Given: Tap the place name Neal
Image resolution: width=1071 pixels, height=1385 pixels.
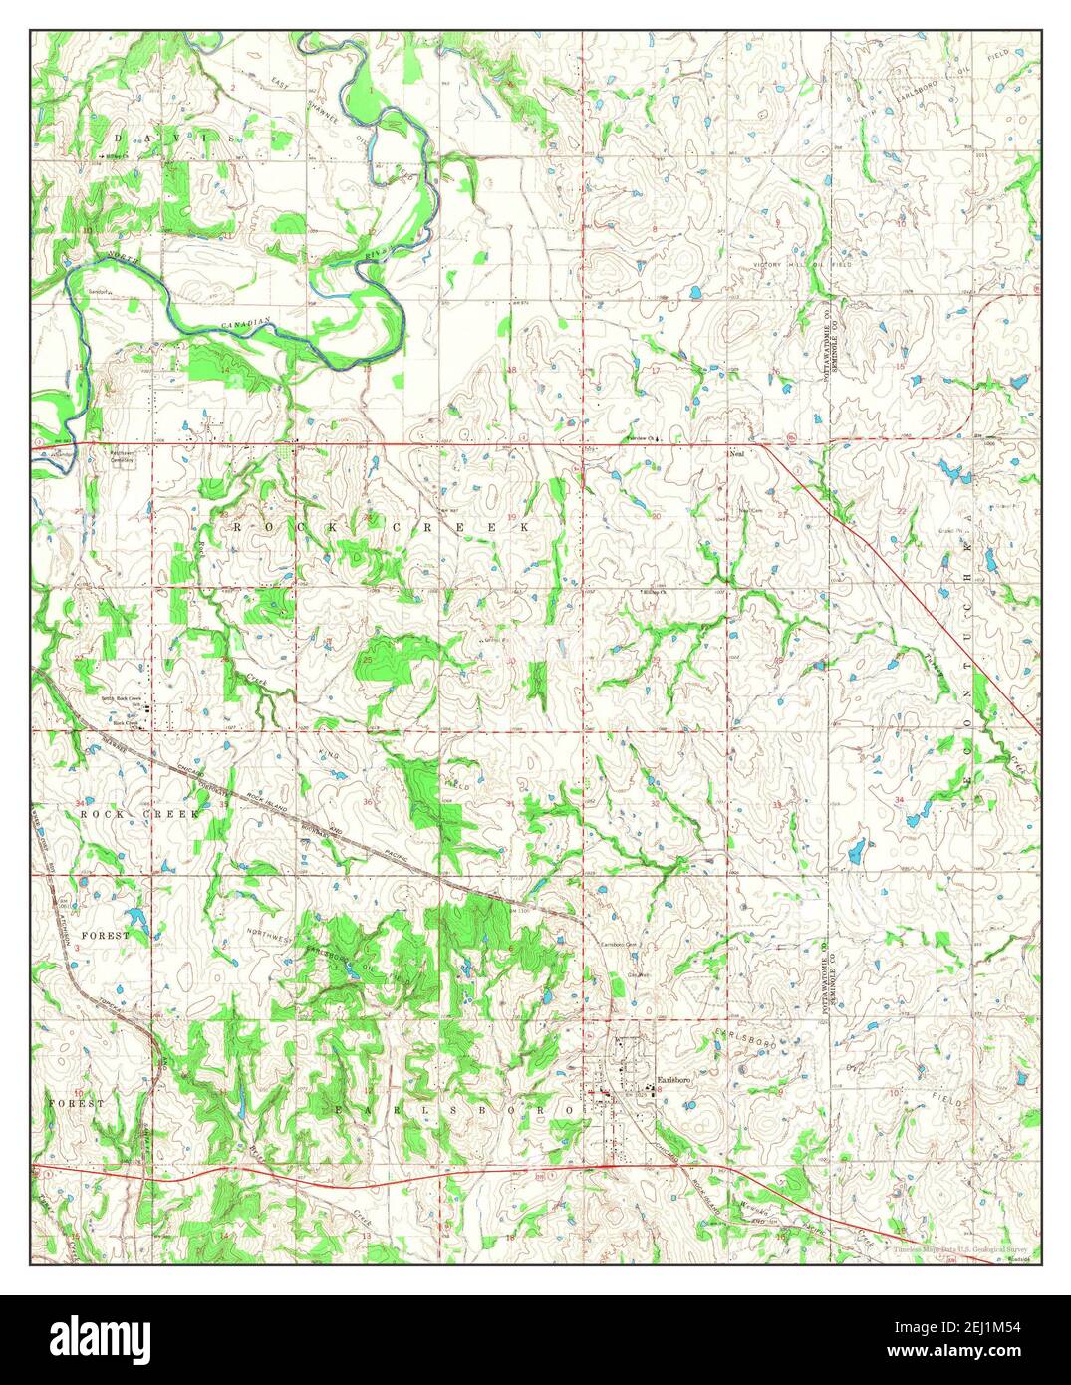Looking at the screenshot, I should [x=737, y=454].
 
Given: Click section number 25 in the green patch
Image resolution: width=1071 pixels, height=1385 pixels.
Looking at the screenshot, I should [x=367, y=660].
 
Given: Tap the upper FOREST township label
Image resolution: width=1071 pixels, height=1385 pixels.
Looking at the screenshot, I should [x=105, y=936].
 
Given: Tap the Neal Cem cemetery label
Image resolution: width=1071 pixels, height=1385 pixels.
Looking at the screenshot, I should [x=749, y=512].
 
